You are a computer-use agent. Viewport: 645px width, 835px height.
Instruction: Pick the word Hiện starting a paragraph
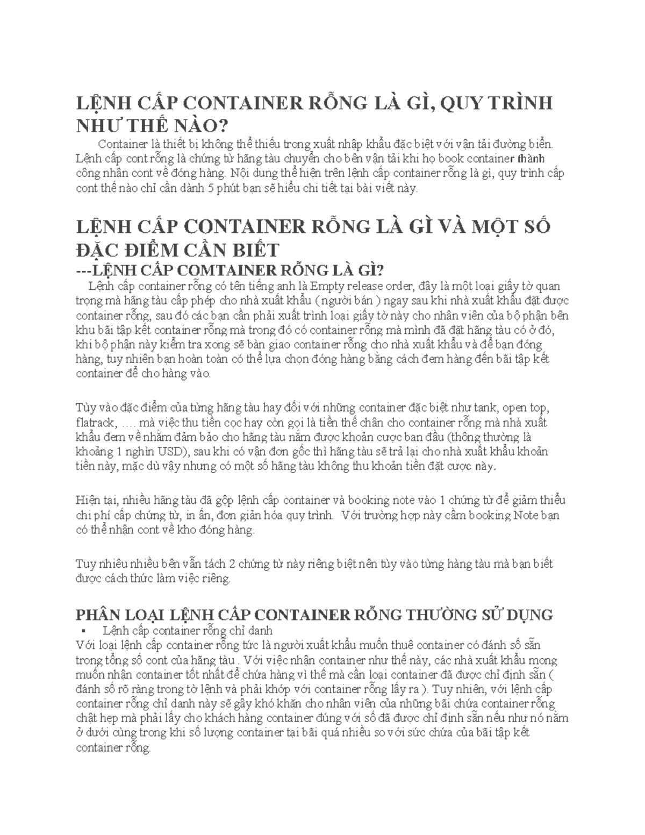pyautogui.click(x=89, y=501)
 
